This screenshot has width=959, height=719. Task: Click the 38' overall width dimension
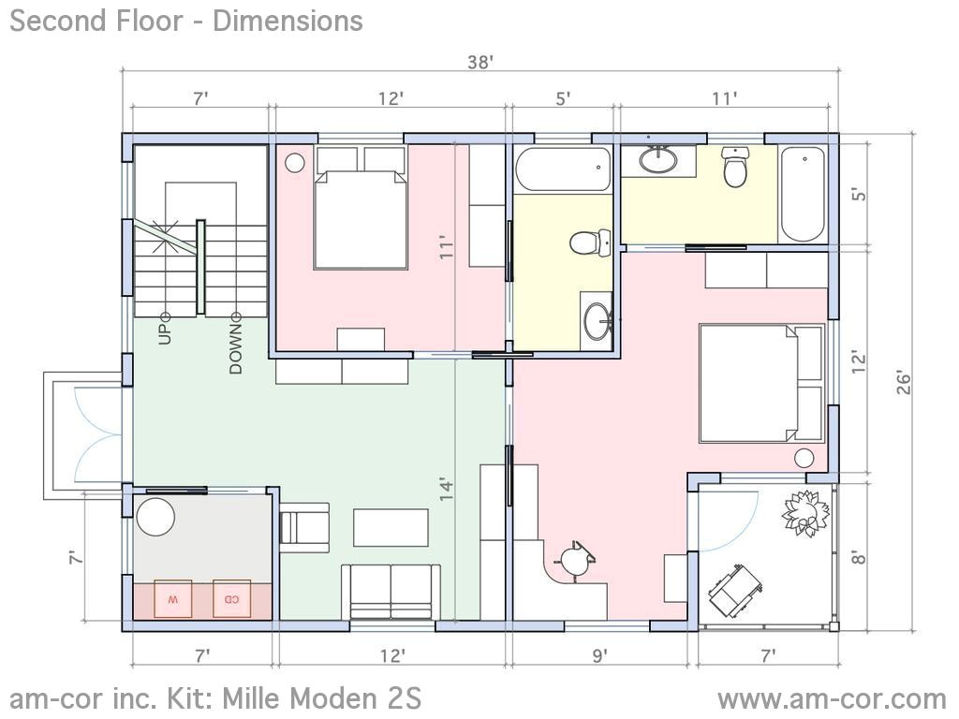(x=480, y=63)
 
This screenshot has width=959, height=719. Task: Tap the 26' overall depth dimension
(x=904, y=382)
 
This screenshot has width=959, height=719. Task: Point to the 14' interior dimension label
(x=447, y=489)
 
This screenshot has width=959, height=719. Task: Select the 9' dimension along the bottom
(x=600, y=656)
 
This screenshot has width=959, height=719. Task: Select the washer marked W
(x=172, y=598)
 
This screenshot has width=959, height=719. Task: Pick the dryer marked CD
(x=232, y=598)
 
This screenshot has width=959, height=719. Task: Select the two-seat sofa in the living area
(x=391, y=592)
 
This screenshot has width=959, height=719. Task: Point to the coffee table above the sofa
(x=391, y=527)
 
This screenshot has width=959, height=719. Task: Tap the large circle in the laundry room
(x=155, y=517)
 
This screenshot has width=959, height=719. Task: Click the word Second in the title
(x=53, y=21)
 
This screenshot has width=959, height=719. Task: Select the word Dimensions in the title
(x=288, y=21)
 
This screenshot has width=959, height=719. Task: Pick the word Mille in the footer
(x=251, y=697)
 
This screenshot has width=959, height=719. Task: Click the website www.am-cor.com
(x=833, y=698)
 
